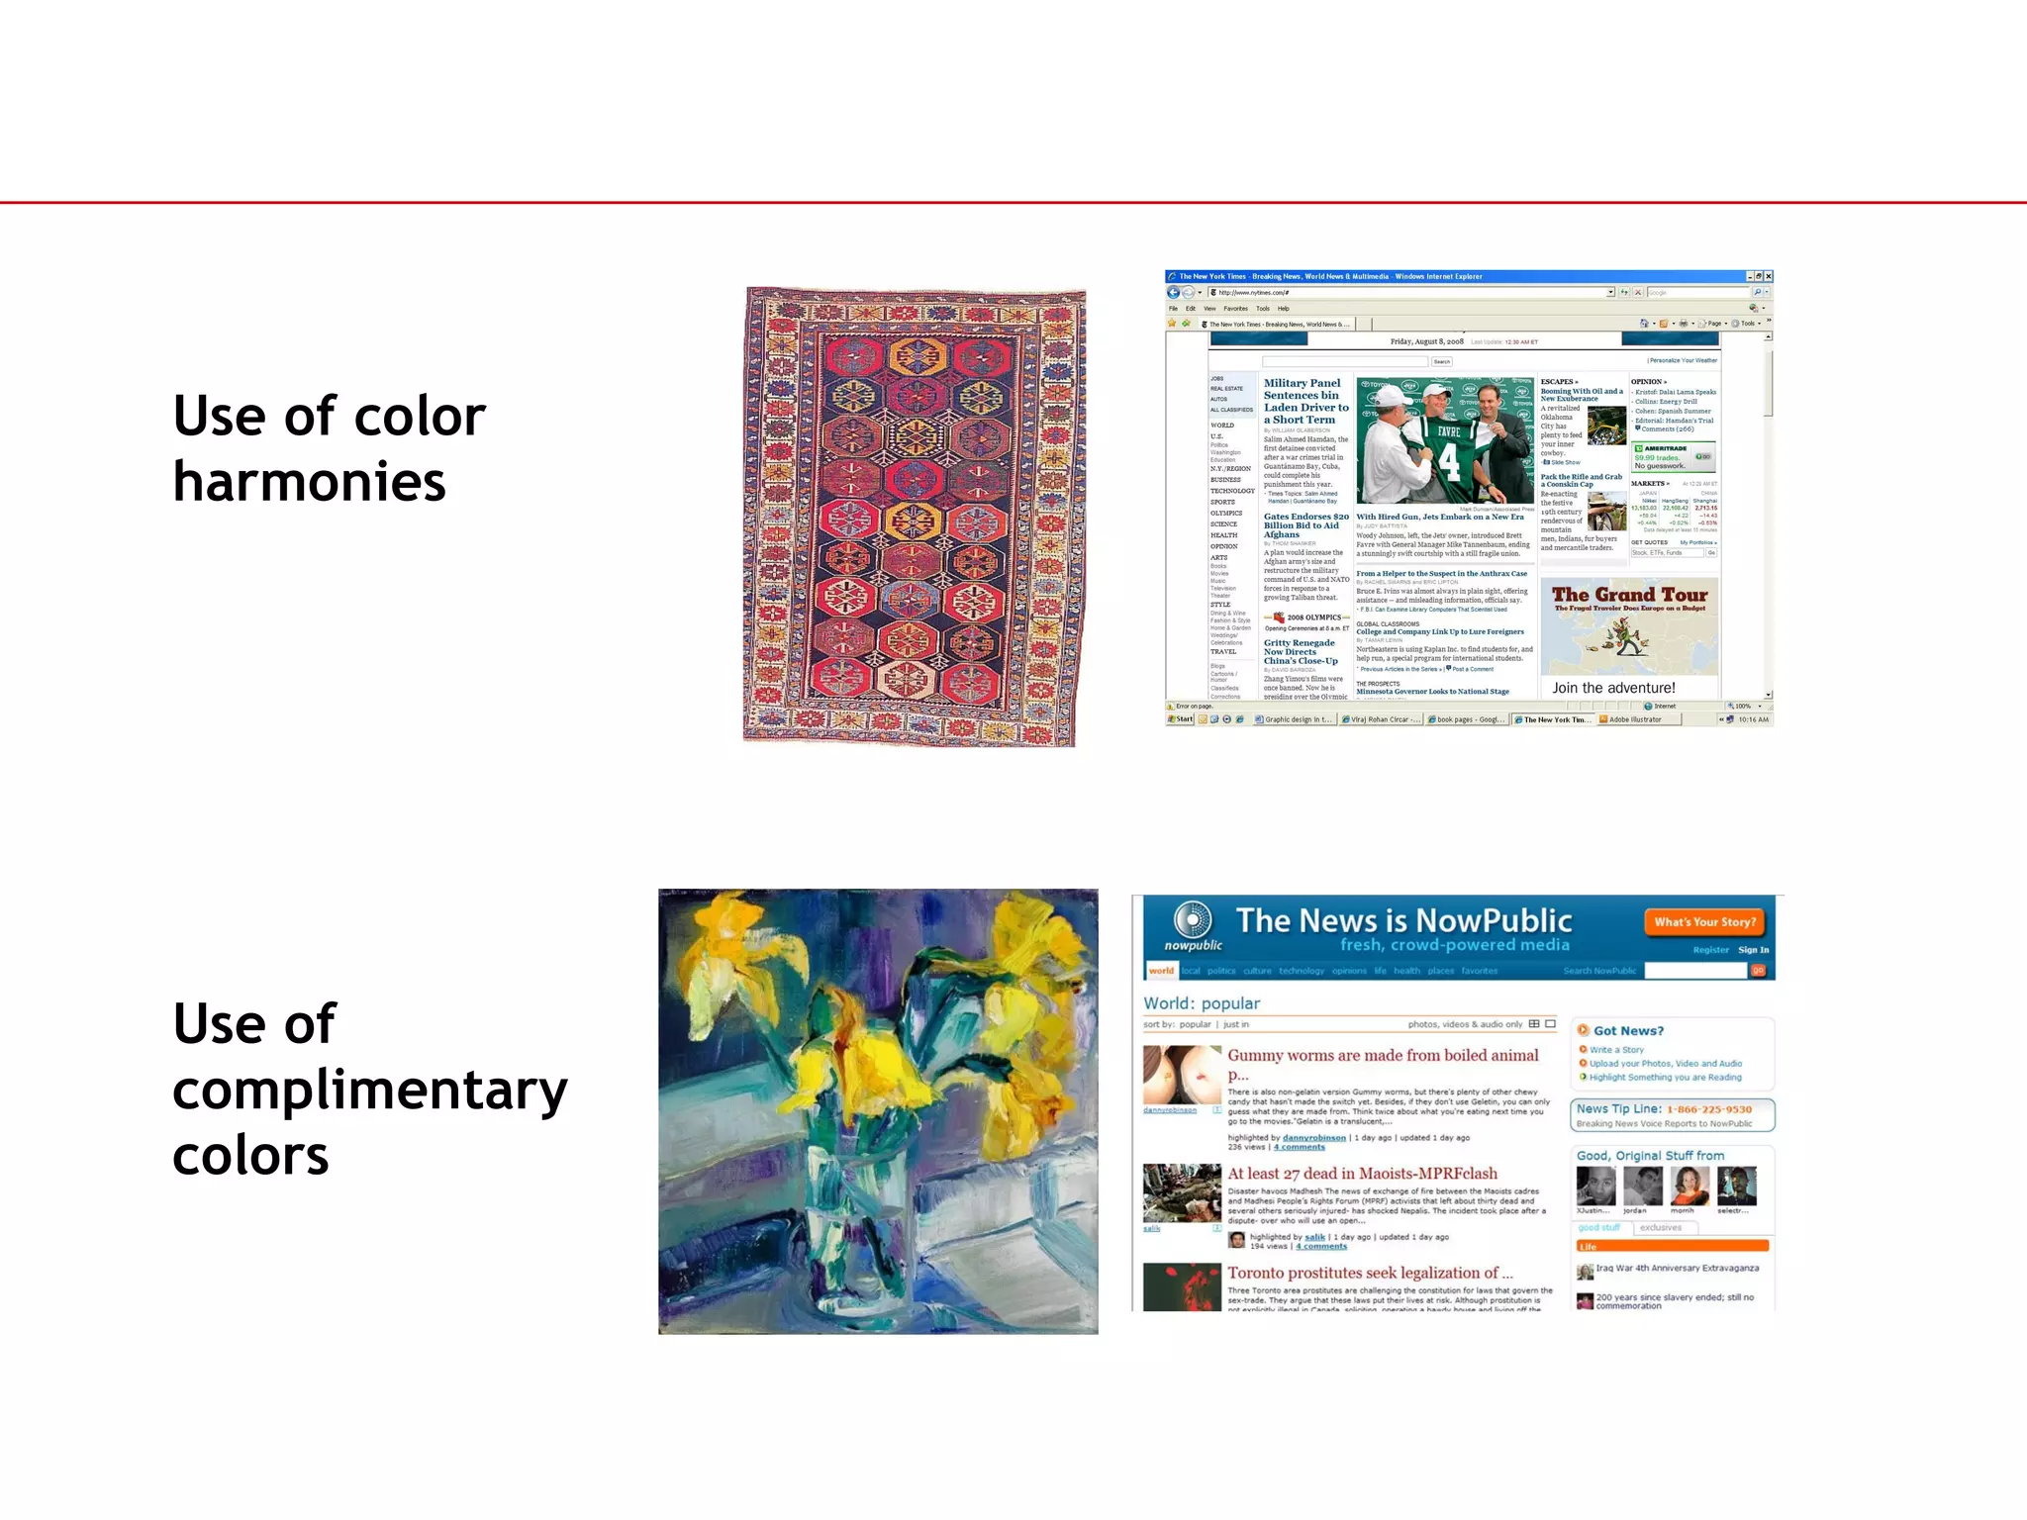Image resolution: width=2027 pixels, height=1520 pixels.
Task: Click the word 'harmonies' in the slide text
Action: point(309,482)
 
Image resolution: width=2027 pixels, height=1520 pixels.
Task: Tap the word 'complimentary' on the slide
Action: point(369,1091)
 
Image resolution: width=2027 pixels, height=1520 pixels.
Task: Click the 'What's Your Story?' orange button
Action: point(1704,922)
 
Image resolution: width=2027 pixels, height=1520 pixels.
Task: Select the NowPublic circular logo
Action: point(1193,920)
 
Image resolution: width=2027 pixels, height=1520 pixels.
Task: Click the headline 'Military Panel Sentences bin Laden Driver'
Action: point(1305,401)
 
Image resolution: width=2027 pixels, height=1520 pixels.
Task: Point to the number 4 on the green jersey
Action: point(1448,463)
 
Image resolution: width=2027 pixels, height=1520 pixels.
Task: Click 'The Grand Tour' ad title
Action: point(1629,595)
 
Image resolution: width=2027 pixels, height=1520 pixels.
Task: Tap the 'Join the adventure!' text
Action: point(1613,688)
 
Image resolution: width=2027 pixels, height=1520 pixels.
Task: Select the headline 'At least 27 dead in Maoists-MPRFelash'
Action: point(1362,1174)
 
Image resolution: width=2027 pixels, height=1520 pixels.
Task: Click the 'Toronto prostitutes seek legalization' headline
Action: point(1370,1273)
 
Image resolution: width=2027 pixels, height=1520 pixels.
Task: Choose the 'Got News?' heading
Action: point(1628,1030)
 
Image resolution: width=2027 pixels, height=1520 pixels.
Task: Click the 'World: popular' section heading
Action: point(1202,1003)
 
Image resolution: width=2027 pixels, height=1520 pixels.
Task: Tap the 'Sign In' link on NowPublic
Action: point(1753,950)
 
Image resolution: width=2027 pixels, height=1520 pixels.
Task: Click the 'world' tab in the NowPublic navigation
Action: point(1161,971)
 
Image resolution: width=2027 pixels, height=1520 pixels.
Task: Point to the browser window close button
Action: point(1768,276)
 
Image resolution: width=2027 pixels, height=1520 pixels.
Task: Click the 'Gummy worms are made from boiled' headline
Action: point(1383,1056)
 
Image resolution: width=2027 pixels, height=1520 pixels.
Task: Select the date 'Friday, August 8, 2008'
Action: point(1426,341)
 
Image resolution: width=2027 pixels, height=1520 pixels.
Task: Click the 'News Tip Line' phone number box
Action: point(1672,1115)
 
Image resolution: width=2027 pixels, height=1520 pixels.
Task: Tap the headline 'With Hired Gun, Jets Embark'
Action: point(1439,517)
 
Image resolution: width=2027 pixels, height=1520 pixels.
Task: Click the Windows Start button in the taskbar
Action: point(1181,719)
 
